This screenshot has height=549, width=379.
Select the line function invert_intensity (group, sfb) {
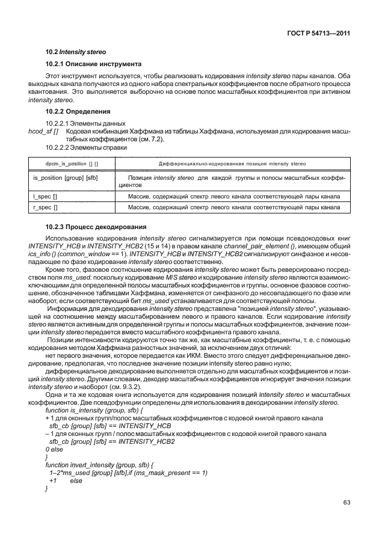pos(96,465)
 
